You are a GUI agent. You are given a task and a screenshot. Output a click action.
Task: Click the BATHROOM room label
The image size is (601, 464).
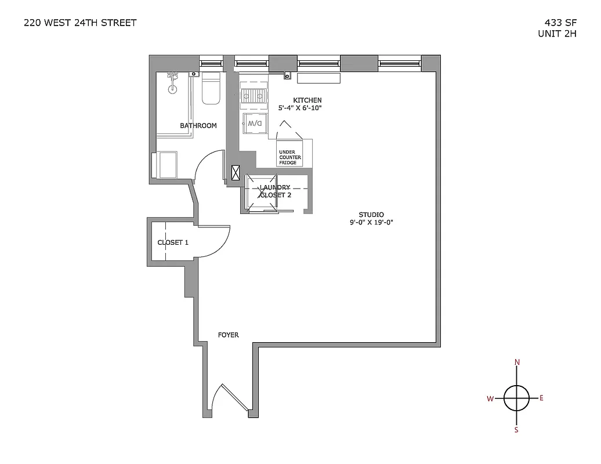[x=198, y=125]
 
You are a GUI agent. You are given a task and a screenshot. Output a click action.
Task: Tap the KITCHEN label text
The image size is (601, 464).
[x=307, y=100]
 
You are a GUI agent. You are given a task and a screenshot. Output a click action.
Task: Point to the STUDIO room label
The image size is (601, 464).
[x=371, y=215]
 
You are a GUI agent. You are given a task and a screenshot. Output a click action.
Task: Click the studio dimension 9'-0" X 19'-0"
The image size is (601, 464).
[x=371, y=222]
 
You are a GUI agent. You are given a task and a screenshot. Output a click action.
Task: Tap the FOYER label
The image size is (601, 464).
[x=228, y=335]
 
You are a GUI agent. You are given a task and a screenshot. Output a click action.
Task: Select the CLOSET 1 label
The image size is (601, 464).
[x=172, y=242]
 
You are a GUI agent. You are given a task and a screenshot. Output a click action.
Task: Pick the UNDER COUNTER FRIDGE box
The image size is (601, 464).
[x=288, y=157]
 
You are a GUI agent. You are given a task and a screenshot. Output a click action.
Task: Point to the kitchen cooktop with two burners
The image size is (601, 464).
[x=254, y=96]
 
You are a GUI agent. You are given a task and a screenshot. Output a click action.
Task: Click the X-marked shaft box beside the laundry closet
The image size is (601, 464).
[x=236, y=173]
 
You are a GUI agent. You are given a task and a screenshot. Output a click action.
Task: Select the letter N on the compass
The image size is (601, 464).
[x=517, y=362]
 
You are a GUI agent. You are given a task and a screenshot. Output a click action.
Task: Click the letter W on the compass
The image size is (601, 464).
[x=490, y=398]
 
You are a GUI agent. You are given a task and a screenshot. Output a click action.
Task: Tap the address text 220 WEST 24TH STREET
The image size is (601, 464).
[x=80, y=23]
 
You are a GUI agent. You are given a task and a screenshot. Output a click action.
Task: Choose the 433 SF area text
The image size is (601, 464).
[x=560, y=23]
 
